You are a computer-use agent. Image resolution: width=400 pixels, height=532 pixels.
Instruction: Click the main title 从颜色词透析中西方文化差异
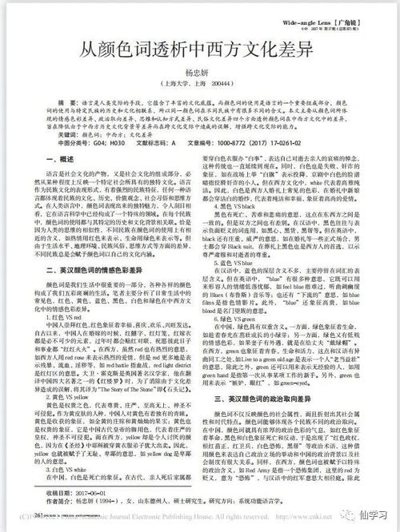pyautogui.click(x=200, y=49)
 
